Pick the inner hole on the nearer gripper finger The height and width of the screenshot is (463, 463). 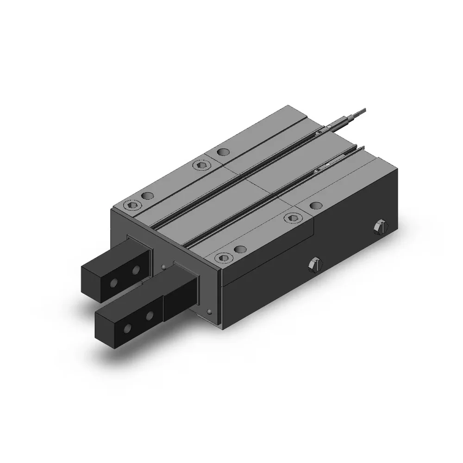click(150, 316)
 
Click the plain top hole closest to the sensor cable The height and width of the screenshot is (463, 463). click(224, 151)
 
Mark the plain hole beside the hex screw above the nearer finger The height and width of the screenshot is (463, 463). click(239, 250)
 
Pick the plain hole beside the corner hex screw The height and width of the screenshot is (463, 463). click(147, 195)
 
